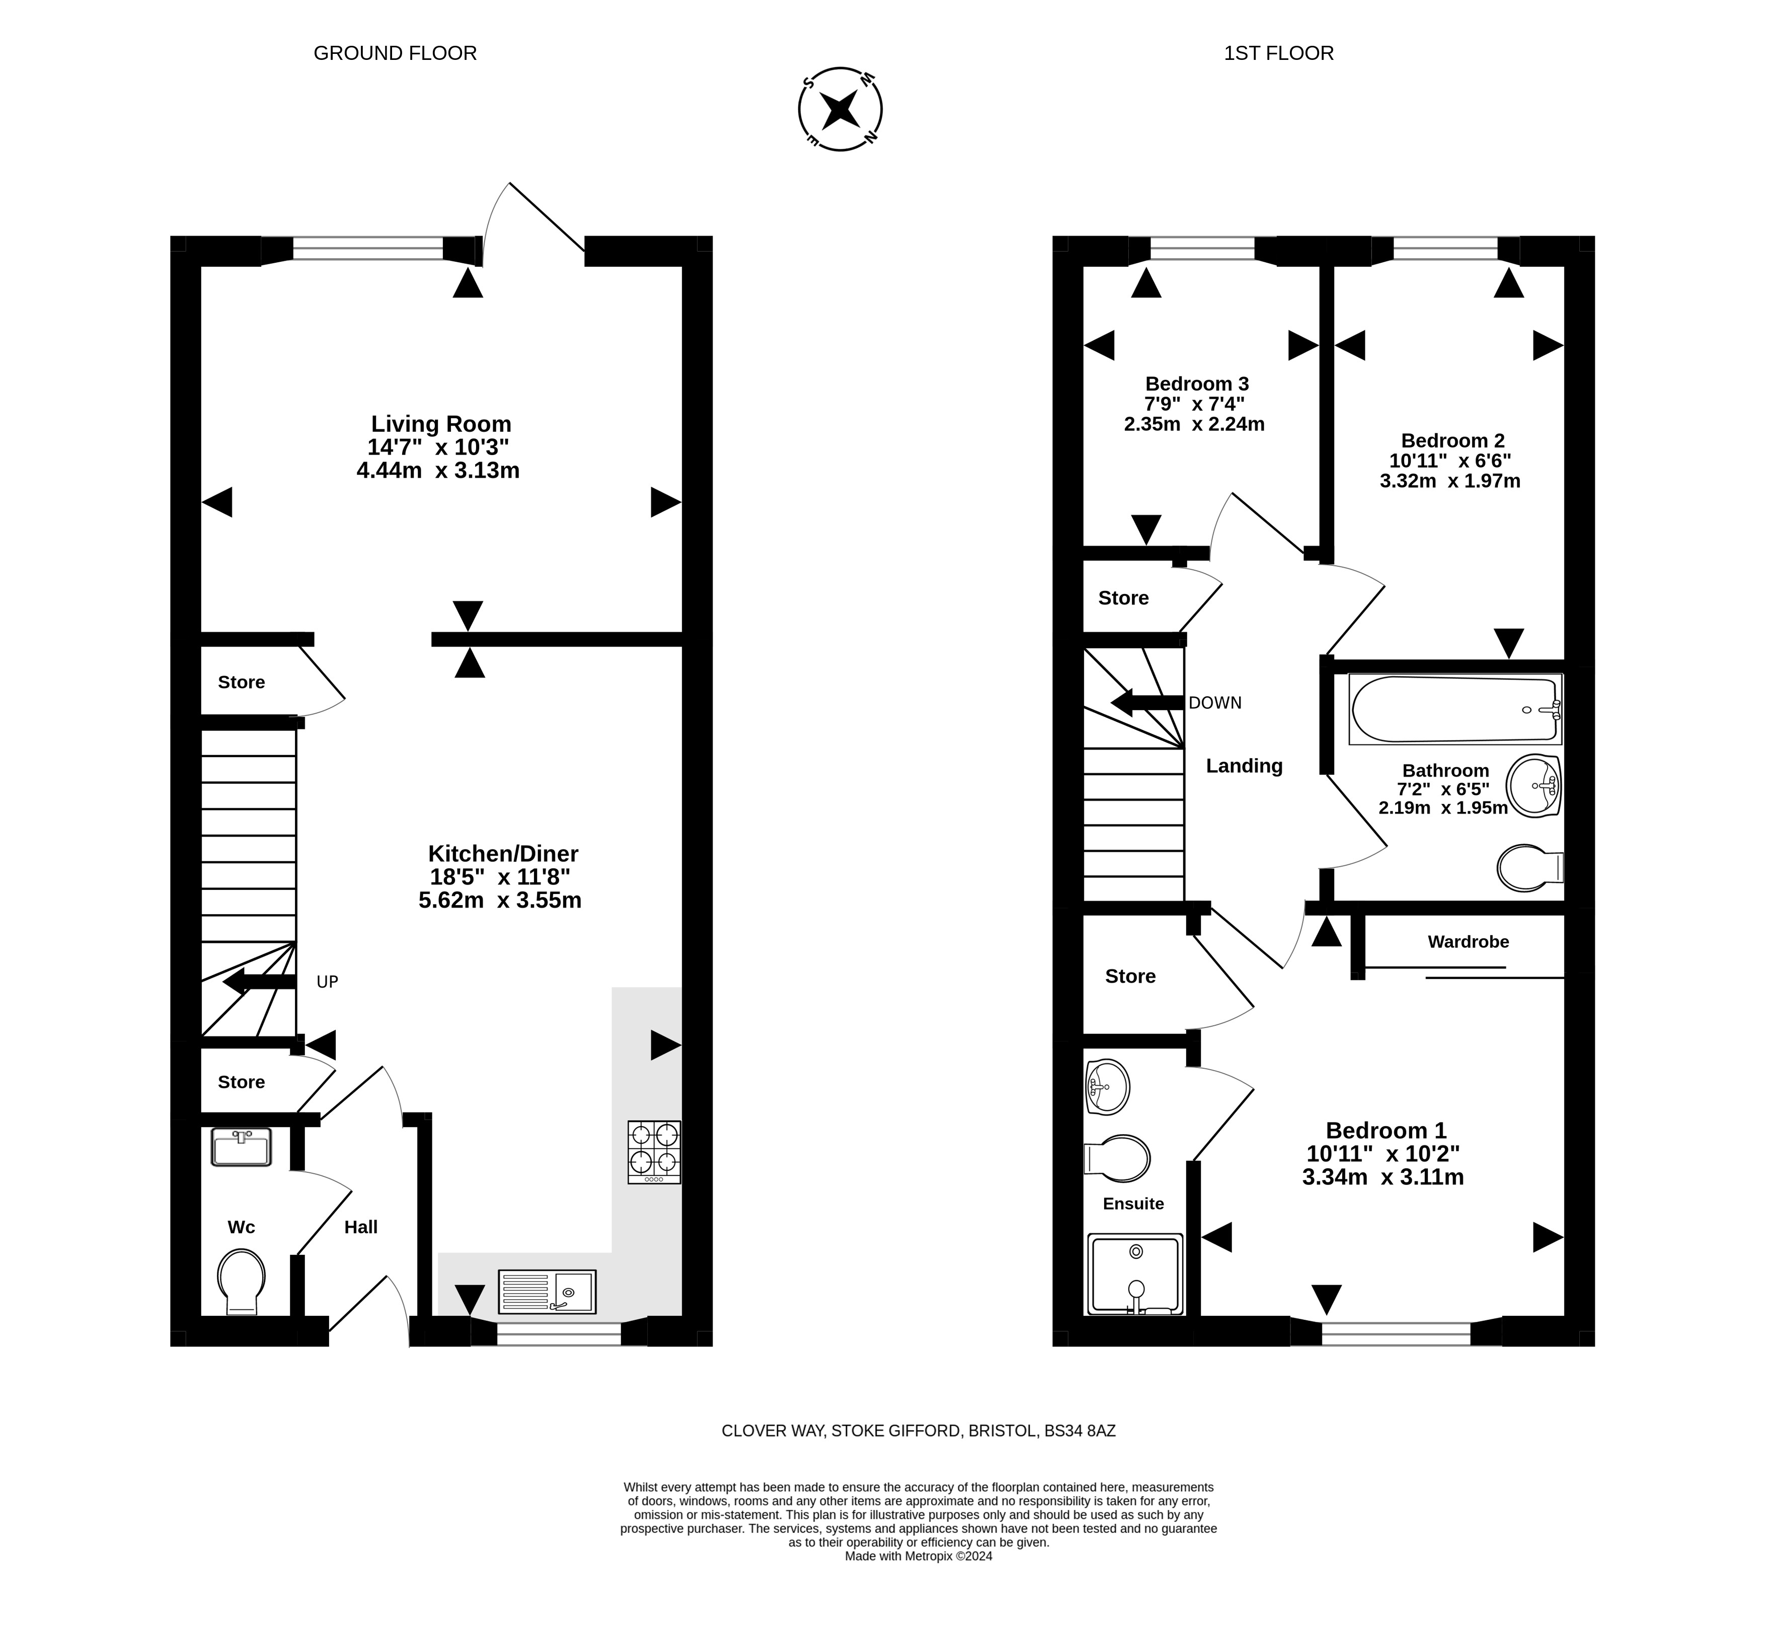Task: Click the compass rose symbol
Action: (x=840, y=109)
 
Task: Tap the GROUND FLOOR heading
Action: (x=395, y=53)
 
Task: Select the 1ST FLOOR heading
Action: (x=1278, y=53)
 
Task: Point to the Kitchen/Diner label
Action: (x=502, y=853)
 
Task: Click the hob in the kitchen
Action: (x=654, y=1152)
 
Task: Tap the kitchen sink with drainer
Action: (x=547, y=1291)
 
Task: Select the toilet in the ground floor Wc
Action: (x=242, y=1282)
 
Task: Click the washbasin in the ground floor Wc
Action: (x=241, y=1147)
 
